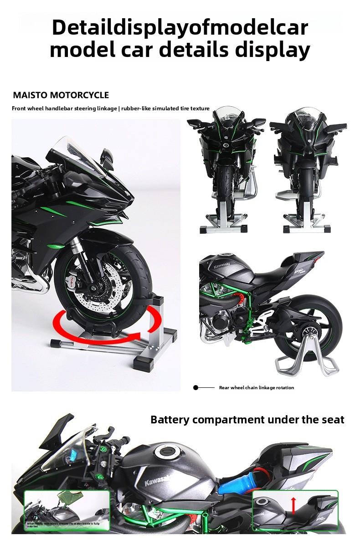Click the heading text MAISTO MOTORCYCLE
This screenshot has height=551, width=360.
tap(61, 95)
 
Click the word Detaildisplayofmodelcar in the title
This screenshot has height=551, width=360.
tap(180, 27)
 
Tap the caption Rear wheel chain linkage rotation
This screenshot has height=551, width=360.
tap(256, 388)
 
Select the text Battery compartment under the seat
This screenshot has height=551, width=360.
tap(247, 419)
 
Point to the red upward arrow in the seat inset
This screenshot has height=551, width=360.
tap(293, 505)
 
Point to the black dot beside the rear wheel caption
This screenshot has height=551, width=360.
tap(195, 388)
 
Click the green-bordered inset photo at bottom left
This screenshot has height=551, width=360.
tap(67, 510)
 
